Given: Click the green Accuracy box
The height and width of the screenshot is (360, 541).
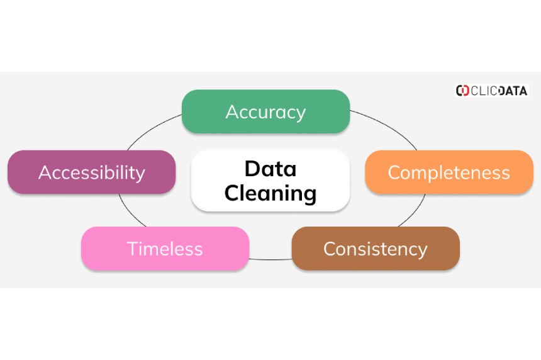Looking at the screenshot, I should point(265,111).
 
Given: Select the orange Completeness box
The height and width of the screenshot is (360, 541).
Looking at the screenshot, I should point(449,172).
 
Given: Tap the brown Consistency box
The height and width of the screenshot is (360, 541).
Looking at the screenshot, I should point(376,249).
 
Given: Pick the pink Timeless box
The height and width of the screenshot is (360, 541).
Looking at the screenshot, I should point(165,249).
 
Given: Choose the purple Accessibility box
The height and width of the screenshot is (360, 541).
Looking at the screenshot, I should point(91,172).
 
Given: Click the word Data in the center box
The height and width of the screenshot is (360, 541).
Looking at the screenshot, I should point(270,169).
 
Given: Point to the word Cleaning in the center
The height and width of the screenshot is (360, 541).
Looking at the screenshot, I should point(270,193).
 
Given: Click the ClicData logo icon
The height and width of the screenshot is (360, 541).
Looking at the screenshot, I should point(462,91).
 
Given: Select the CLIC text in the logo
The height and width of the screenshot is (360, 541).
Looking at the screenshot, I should point(484,91).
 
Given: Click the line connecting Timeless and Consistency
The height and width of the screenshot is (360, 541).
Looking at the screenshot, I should point(270,259).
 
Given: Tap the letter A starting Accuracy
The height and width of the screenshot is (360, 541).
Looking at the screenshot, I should point(231,112).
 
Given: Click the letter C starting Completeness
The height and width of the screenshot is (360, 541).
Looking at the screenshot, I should point(394,172).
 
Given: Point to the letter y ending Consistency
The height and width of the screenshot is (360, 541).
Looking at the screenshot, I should point(423,250).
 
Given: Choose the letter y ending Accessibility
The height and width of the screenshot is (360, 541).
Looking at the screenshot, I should point(140,174).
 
